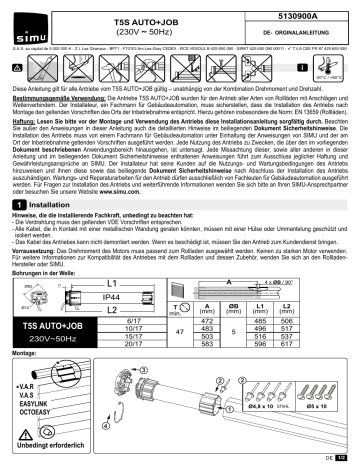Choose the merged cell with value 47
coord(176,331)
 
